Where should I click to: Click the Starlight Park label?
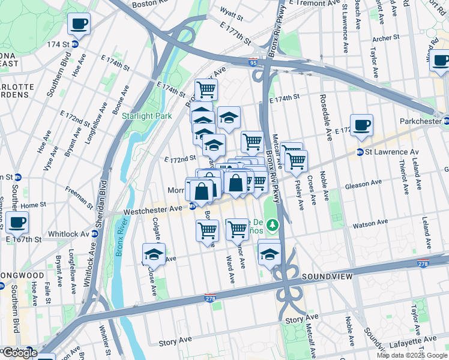[x=146, y=116]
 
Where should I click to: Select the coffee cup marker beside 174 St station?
[x=79, y=25]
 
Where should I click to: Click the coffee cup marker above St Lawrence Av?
[x=361, y=125]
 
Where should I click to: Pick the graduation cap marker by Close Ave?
[x=154, y=254]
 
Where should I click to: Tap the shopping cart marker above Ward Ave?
[x=237, y=229]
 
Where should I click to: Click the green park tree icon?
[x=273, y=225]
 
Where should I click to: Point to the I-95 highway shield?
[x=253, y=61]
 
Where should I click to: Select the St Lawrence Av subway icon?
[x=360, y=152]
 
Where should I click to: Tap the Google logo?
[x=19, y=353]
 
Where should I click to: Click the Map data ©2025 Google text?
[x=411, y=355]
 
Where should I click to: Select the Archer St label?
[x=385, y=38]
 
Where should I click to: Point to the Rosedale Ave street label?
[x=324, y=113]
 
